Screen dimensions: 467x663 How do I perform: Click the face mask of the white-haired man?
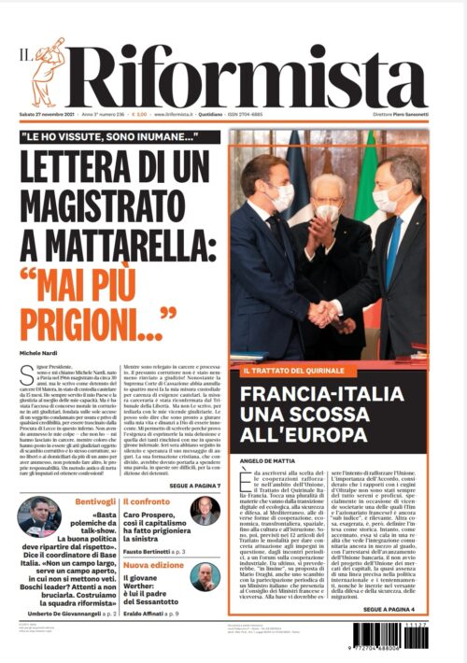(325, 212)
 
